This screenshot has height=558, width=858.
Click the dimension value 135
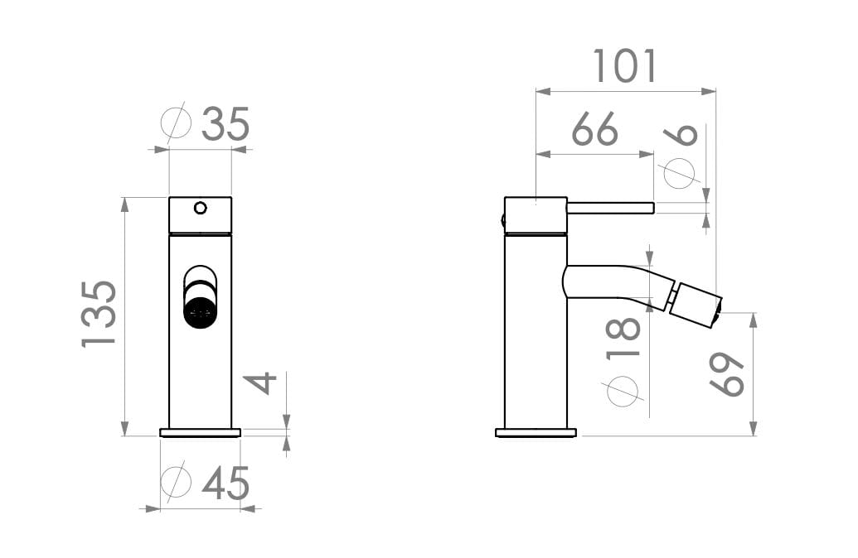(x=99, y=314)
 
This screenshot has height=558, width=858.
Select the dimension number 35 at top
(x=225, y=125)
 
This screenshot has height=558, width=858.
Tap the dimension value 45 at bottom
(x=225, y=483)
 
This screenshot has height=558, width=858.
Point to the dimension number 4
(x=262, y=383)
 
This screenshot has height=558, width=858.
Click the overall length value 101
(x=625, y=67)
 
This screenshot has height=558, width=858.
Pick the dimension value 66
(x=595, y=130)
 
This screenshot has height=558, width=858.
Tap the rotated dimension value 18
(x=625, y=337)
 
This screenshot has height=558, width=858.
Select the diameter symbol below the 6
(x=680, y=173)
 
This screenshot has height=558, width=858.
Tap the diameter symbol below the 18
(x=623, y=390)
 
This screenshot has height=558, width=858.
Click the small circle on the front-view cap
(x=200, y=207)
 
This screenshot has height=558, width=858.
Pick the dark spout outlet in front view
(x=200, y=313)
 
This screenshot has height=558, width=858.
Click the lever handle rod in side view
(x=610, y=208)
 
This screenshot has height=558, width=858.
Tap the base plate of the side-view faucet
(x=536, y=432)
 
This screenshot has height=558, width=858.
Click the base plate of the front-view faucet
(x=200, y=432)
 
